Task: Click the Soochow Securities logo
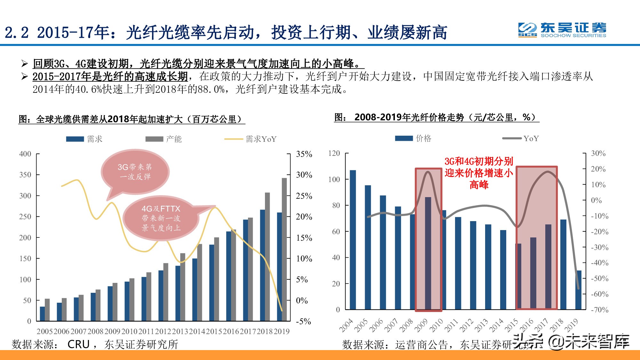pos(562,30)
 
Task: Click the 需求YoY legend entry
pos(251,139)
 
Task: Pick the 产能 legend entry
pos(164,139)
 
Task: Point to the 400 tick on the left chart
pos(25,154)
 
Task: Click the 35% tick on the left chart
pos(304,154)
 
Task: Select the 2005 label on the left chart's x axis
pos(44,332)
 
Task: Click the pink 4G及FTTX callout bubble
pos(161,218)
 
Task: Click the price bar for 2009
pos(428,253)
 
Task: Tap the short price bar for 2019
pos(579,290)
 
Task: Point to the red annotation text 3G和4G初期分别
pos(479,161)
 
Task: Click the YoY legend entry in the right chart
pos(521,138)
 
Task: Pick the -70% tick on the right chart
pos(599,310)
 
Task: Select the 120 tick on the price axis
pos(334,153)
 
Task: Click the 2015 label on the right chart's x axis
pos(511,325)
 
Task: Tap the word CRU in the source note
pos(78,344)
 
